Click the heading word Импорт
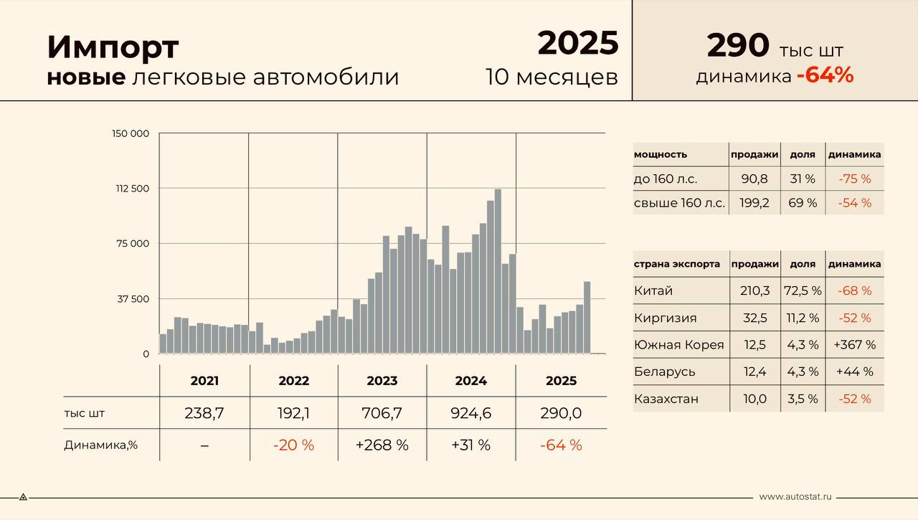113,47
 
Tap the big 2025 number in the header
578,43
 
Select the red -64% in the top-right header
825,75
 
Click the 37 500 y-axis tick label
133,299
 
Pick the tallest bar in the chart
498,271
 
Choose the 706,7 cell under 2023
382,413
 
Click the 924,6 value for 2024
470,413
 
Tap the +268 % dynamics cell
382,445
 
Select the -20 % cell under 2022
293,445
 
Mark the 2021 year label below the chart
204,381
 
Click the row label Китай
653,291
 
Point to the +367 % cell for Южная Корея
854,345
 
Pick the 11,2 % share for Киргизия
803,318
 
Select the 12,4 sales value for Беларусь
754,372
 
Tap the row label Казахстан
666,399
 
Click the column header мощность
661,154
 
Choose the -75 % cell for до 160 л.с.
854,179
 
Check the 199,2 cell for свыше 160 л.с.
754,203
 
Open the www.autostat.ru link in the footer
795,496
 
